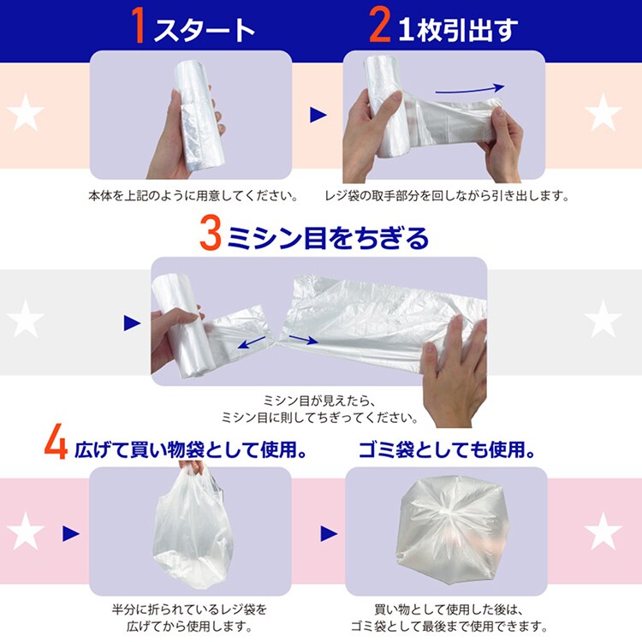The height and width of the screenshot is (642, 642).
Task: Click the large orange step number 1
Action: [139, 26]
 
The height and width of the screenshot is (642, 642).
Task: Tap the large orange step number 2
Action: [379, 26]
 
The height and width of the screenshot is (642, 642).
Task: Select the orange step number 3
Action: [211, 234]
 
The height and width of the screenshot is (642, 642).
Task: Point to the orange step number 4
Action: [56, 443]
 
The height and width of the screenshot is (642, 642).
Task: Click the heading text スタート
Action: [204, 29]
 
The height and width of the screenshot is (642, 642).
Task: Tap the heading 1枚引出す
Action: [458, 29]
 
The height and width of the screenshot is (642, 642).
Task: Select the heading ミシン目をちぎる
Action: [328, 238]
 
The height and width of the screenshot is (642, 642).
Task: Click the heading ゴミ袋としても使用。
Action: [447, 449]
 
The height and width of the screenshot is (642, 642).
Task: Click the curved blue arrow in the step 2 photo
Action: [470, 89]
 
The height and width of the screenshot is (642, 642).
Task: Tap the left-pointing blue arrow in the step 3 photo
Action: [252, 342]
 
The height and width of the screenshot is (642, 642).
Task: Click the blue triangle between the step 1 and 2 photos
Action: [318, 115]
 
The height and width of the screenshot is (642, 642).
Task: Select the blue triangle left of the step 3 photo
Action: [132, 323]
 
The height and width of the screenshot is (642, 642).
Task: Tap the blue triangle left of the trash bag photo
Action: [330, 533]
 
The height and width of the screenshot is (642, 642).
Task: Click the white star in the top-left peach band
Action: [26, 113]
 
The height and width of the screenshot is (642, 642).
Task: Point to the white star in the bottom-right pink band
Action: [603, 531]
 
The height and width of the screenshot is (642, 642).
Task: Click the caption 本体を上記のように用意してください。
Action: [193, 196]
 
